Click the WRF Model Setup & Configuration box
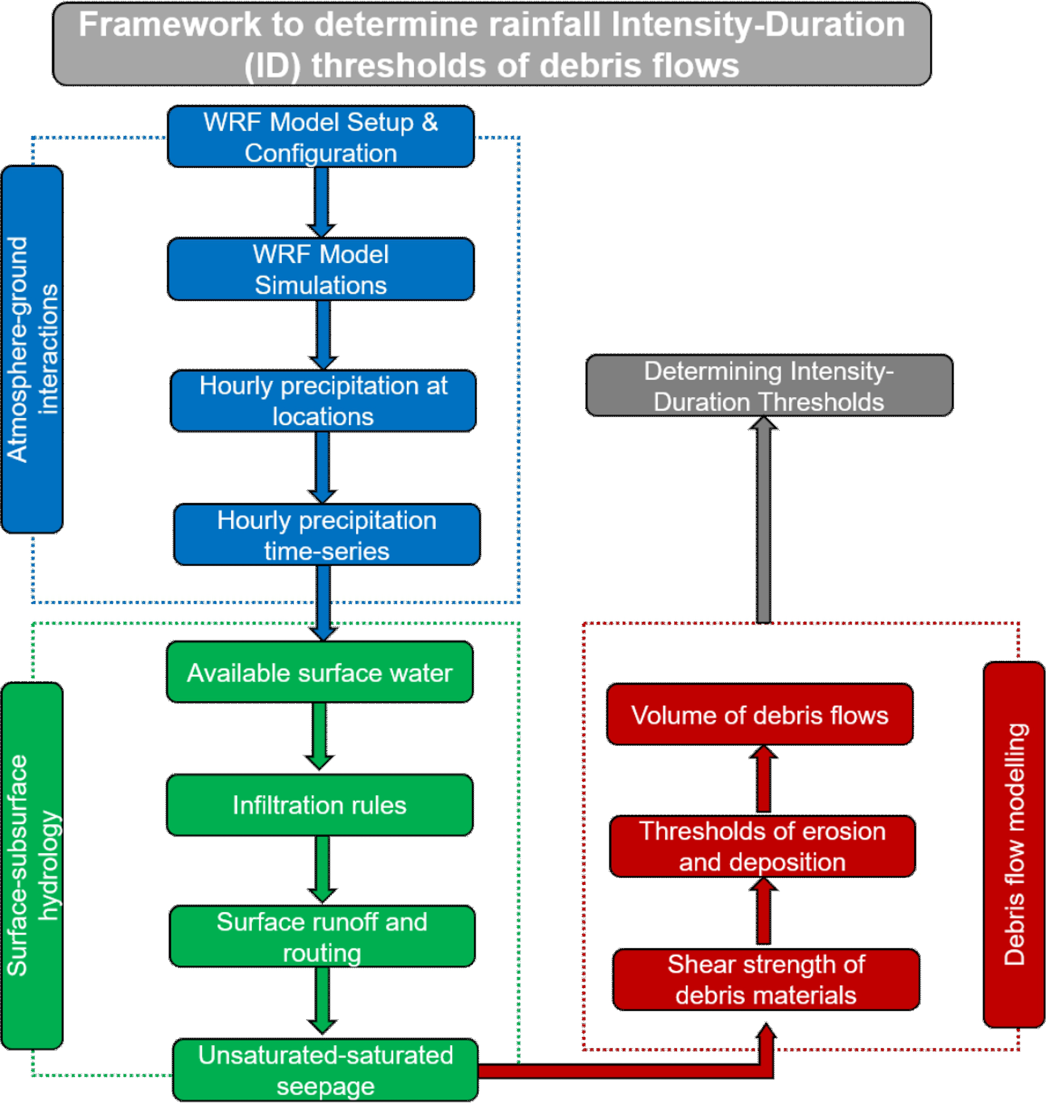pyautogui.click(x=320, y=137)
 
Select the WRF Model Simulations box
pyautogui.click(x=320, y=269)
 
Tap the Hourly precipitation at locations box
pyautogui.click(x=323, y=401)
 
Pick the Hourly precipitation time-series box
pyautogui.click(x=326, y=535)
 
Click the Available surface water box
pyautogui.click(x=319, y=672)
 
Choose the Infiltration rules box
pyautogui.click(x=319, y=805)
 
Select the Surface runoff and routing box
pyautogui.click(x=322, y=936)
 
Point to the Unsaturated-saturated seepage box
pyautogui.click(x=325, y=1070)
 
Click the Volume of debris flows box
pyautogui.click(x=760, y=715)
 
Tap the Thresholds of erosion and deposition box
pyautogui.click(x=763, y=846)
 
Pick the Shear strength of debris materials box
pyautogui.click(x=766, y=979)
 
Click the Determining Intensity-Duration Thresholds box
pyautogui.click(x=769, y=386)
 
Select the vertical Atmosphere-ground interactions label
pyautogui.click(x=32, y=349)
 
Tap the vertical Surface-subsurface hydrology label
pyautogui.click(x=32, y=865)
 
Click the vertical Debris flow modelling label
pyautogui.click(x=1014, y=844)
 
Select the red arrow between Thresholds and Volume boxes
pyautogui.click(x=763, y=780)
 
